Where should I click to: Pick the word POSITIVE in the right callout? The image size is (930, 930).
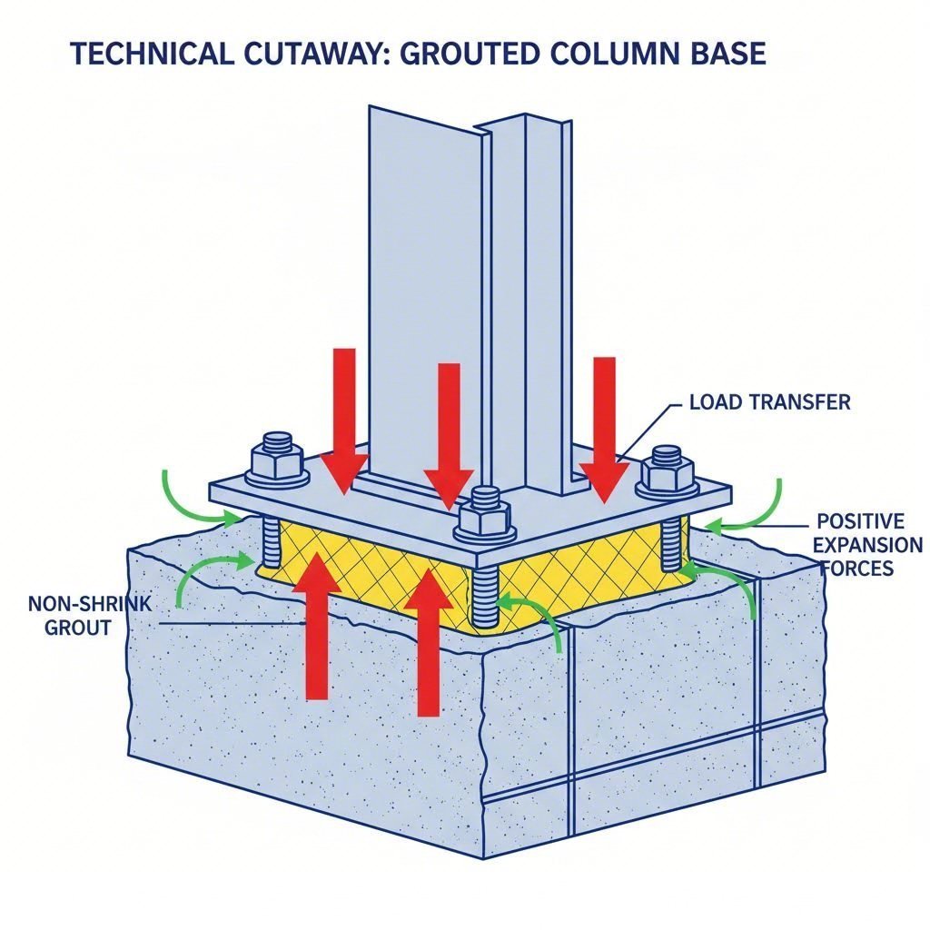point(860,521)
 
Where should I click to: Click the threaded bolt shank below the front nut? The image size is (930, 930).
point(485,595)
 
